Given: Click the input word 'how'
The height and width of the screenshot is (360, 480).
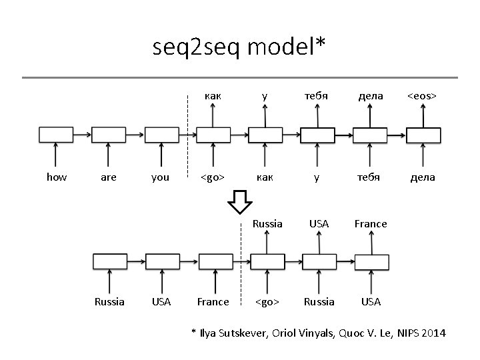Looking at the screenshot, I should (56, 177).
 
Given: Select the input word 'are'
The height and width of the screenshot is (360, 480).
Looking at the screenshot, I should (108, 177).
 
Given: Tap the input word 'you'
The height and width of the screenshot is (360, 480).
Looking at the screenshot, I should (160, 177).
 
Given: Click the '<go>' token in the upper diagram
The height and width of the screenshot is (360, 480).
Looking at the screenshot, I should (213, 177).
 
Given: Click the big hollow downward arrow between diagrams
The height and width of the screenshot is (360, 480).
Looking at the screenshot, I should (239, 201).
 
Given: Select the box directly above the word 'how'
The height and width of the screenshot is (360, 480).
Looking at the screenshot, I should (56, 135).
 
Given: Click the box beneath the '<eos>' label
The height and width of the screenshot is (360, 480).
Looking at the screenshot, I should (424, 135).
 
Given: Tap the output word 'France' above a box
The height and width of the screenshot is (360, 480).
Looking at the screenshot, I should (371, 224).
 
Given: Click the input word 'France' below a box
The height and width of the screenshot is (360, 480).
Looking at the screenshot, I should (213, 301).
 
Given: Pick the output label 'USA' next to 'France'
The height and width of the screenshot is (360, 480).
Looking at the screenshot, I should (319, 224).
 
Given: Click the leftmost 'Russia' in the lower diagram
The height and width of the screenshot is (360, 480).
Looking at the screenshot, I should (109, 301).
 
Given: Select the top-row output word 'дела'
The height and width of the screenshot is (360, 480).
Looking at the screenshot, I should (371, 96).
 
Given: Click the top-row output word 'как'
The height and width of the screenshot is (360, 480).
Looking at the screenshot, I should (213, 96).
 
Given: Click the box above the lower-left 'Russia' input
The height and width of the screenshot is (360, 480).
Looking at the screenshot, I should (109, 261).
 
